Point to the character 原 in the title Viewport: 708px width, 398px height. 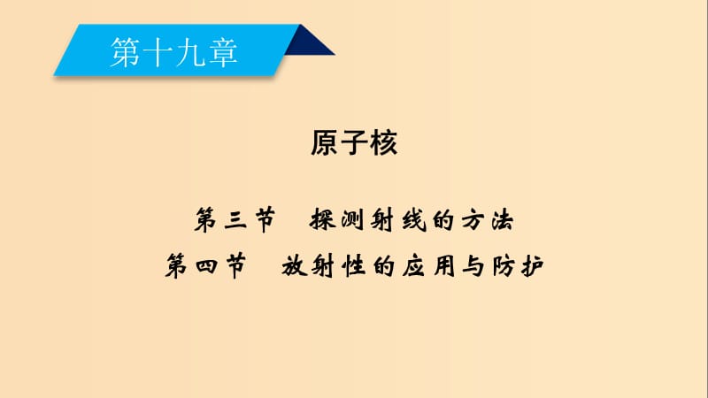coord(325,142)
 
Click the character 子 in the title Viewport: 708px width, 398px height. coord(355,142)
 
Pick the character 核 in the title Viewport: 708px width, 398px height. coord(383,142)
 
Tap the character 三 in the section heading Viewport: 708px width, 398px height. coord(235,220)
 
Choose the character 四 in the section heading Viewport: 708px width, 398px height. coord(206,266)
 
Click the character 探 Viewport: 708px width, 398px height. coord(323,220)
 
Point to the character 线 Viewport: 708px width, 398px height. coord(413,220)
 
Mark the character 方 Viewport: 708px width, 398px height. coord(473,220)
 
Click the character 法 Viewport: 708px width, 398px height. coord(503,220)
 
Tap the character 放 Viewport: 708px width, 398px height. coord(295,266)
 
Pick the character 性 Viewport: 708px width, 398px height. coord(353,266)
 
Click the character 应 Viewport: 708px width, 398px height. coord(413,266)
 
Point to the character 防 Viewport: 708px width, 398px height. coord(503,266)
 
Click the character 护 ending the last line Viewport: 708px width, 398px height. coord(533,266)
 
